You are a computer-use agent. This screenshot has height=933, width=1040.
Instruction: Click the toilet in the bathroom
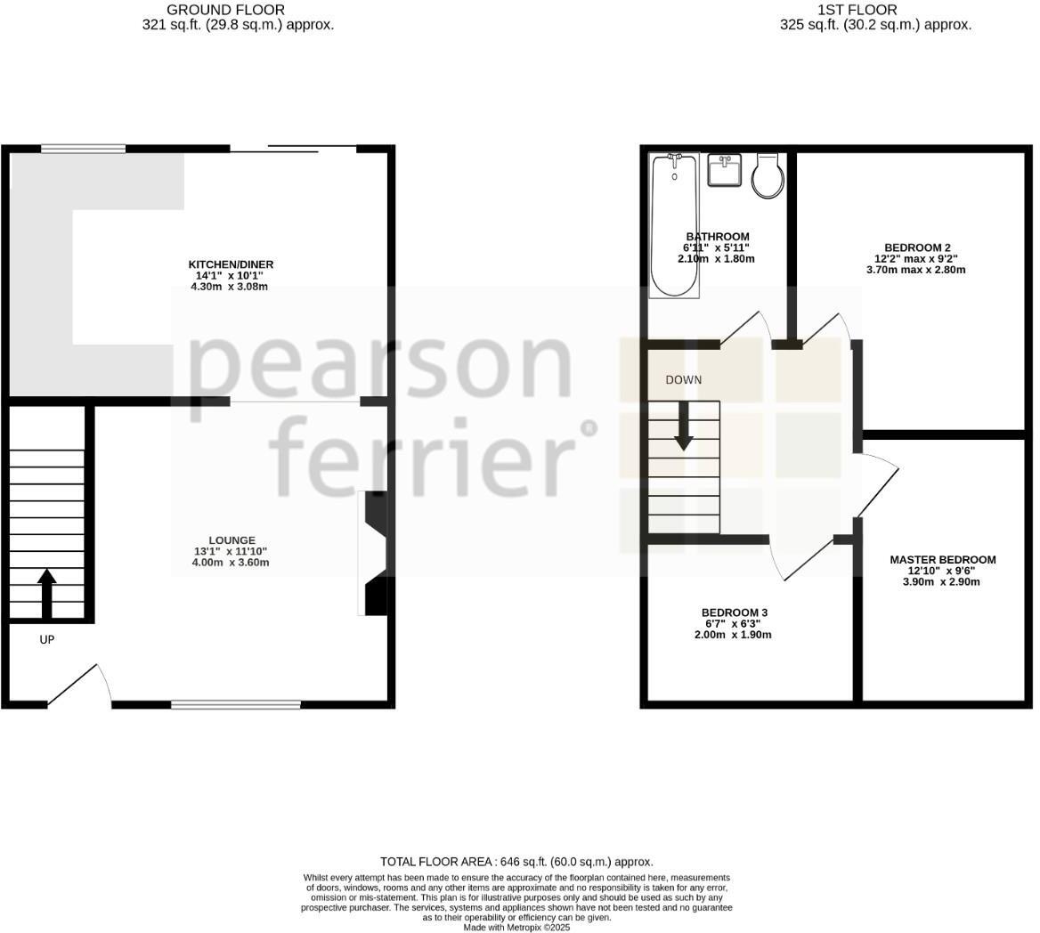768,176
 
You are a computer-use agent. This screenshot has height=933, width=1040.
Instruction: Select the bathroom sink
725,170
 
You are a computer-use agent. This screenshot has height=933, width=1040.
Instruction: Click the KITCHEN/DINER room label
231,264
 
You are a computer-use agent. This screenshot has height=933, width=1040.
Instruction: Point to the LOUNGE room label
232,540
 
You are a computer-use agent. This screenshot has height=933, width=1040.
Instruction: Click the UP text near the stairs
47,639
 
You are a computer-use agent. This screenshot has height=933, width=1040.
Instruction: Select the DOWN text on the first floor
684,379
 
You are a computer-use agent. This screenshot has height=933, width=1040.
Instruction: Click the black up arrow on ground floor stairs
47,593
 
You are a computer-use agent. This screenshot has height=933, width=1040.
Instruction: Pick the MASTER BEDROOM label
943,560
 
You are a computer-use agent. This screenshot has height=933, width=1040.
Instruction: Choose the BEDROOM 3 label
734,613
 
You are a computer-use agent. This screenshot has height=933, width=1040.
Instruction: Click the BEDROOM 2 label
917,247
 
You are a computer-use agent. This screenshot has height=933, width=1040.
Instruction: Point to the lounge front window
236,704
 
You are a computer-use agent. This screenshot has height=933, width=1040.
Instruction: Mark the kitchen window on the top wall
83,149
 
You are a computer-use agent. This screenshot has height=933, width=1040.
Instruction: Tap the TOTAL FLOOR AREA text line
516,862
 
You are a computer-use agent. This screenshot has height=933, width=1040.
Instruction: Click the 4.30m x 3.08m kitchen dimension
229,287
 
